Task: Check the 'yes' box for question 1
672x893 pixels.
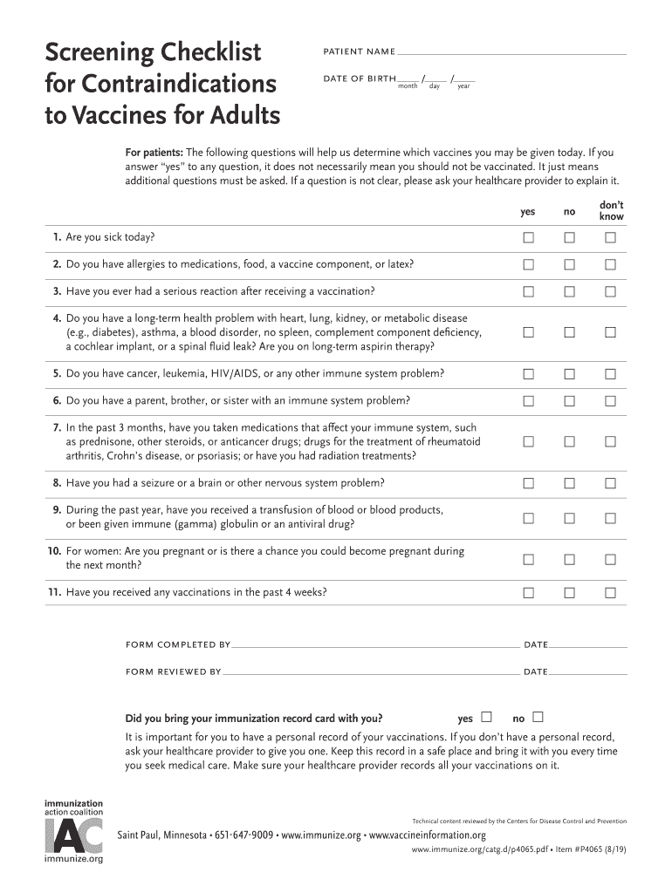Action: (x=528, y=238)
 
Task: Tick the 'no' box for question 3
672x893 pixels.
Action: (x=569, y=291)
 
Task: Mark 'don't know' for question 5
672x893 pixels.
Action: (x=610, y=374)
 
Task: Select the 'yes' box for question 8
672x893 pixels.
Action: (x=528, y=483)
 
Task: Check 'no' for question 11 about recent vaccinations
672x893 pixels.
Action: (x=569, y=593)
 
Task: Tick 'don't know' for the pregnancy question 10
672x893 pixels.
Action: (x=610, y=559)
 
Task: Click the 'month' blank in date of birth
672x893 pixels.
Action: (x=408, y=79)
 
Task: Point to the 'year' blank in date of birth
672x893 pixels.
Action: (x=464, y=79)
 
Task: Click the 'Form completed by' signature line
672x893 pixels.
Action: (x=375, y=646)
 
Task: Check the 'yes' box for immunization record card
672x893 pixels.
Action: (x=487, y=718)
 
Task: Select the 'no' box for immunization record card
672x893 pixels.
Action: (x=538, y=718)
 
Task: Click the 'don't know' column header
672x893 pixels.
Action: (x=611, y=210)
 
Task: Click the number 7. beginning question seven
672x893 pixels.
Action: (x=57, y=428)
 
